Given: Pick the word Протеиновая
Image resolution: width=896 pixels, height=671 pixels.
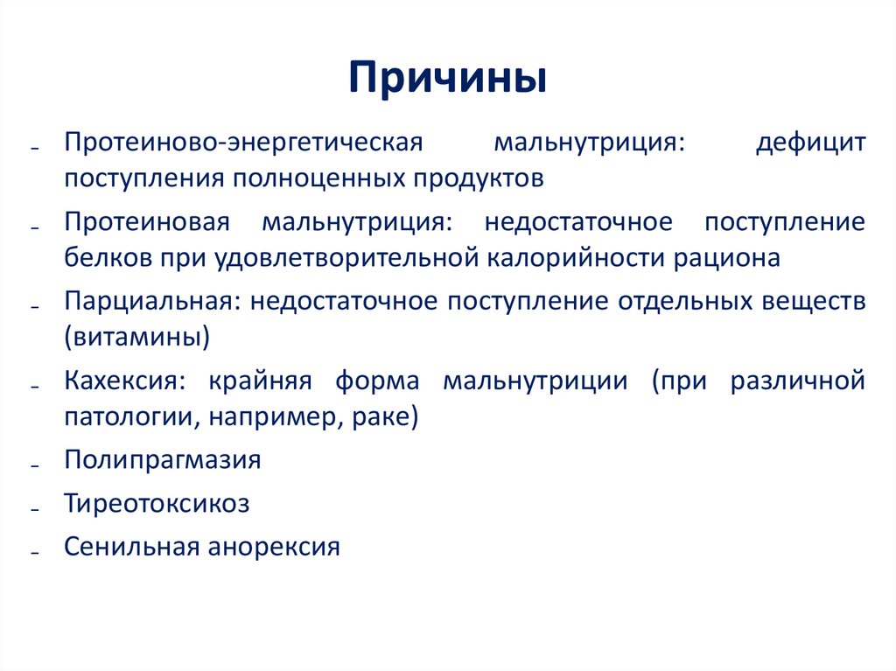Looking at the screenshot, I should tap(146, 222).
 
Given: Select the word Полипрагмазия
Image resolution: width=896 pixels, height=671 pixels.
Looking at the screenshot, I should tap(162, 460).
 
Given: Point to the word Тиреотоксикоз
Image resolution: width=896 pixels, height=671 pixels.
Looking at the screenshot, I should tap(157, 504).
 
